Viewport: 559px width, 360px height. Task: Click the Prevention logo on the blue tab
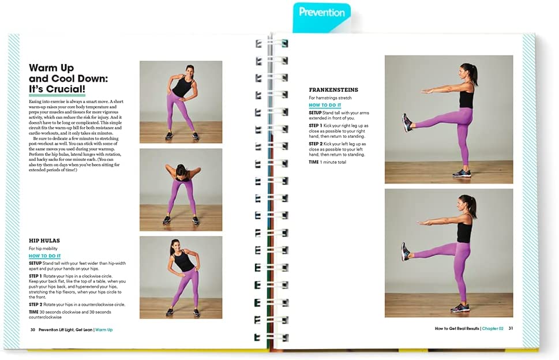click(x=321, y=13)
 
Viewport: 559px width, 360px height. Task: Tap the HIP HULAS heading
click(x=44, y=241)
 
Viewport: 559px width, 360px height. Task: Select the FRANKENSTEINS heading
click(x=333, y=90)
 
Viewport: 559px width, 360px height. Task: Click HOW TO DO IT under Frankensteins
click(x=325, y=105)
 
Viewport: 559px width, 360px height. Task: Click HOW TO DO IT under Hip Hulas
click(x=44, y=256)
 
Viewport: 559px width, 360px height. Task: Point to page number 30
click(x=33, y=329)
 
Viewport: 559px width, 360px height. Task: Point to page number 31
click(x=511, y=328)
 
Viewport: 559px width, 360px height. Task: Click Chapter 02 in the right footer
click(x=493, y=328)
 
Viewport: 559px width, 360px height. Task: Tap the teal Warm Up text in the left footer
click(x=104, y=329)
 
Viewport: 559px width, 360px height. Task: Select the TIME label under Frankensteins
click(x=314, y=162)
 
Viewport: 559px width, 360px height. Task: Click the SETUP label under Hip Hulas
click(x=35, y=264)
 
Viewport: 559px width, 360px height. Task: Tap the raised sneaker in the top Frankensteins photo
click(x=407, y=123)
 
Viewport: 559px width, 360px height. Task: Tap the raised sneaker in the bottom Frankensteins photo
click(x=406, y=252)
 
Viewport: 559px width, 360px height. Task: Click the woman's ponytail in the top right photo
click(x=475, y=76)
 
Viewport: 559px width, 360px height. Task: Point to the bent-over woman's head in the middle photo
click(x=182, y=169)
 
